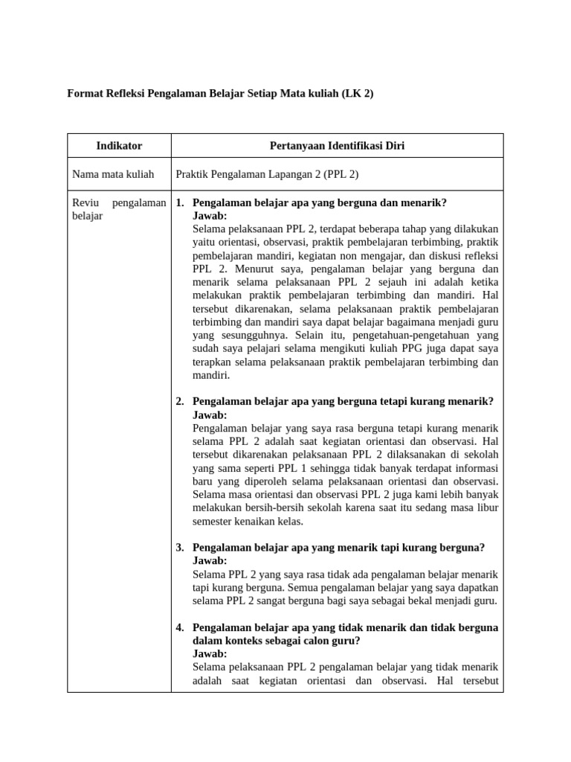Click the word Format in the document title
coord(85,95)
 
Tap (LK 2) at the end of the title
coord(358,95)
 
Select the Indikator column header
coord(119,146)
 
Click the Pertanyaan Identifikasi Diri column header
coord(337,146)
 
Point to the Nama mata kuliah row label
coord(113,174)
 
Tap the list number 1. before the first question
coord(180,202)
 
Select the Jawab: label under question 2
coord(210,414)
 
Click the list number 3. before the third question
coord(180,547)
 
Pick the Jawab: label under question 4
coord(210,653)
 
